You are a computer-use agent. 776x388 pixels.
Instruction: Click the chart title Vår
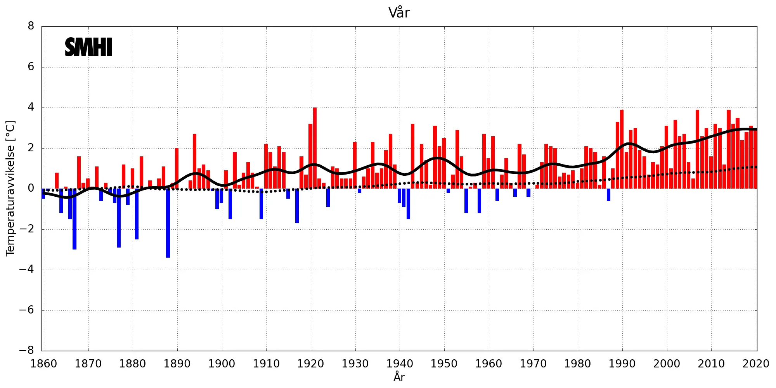click(399, 13)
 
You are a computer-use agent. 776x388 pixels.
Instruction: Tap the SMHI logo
click(88, 47)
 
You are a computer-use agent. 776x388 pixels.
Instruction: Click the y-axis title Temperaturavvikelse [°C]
click(10, 188)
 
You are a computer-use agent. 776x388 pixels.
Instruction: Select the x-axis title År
click(399, 377)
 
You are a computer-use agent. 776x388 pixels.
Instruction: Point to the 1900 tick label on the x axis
click(222, 364)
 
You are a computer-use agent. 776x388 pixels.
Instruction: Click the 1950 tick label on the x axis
click(444, 364)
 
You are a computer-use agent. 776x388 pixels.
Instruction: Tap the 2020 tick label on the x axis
click(755, 364)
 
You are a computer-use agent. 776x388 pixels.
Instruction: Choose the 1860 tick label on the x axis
click(44, 364)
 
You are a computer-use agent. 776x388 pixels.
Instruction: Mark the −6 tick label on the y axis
click(27, 310)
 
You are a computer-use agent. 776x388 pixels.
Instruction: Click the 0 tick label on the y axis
click(31, 189)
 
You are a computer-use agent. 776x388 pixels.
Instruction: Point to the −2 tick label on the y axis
click(27, 229)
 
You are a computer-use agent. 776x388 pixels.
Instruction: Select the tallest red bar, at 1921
click(315, 148)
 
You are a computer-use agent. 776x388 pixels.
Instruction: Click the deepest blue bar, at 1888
click(168, 223)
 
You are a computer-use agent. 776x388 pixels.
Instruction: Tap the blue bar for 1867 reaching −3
click(74, 219)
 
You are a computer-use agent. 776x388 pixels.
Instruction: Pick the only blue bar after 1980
click(608, 195)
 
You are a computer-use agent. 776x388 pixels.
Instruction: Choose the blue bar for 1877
click(119, 218)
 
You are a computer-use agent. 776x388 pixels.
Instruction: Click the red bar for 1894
click(195, 161)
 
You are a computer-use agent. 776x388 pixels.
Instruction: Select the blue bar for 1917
click(297, 206)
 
